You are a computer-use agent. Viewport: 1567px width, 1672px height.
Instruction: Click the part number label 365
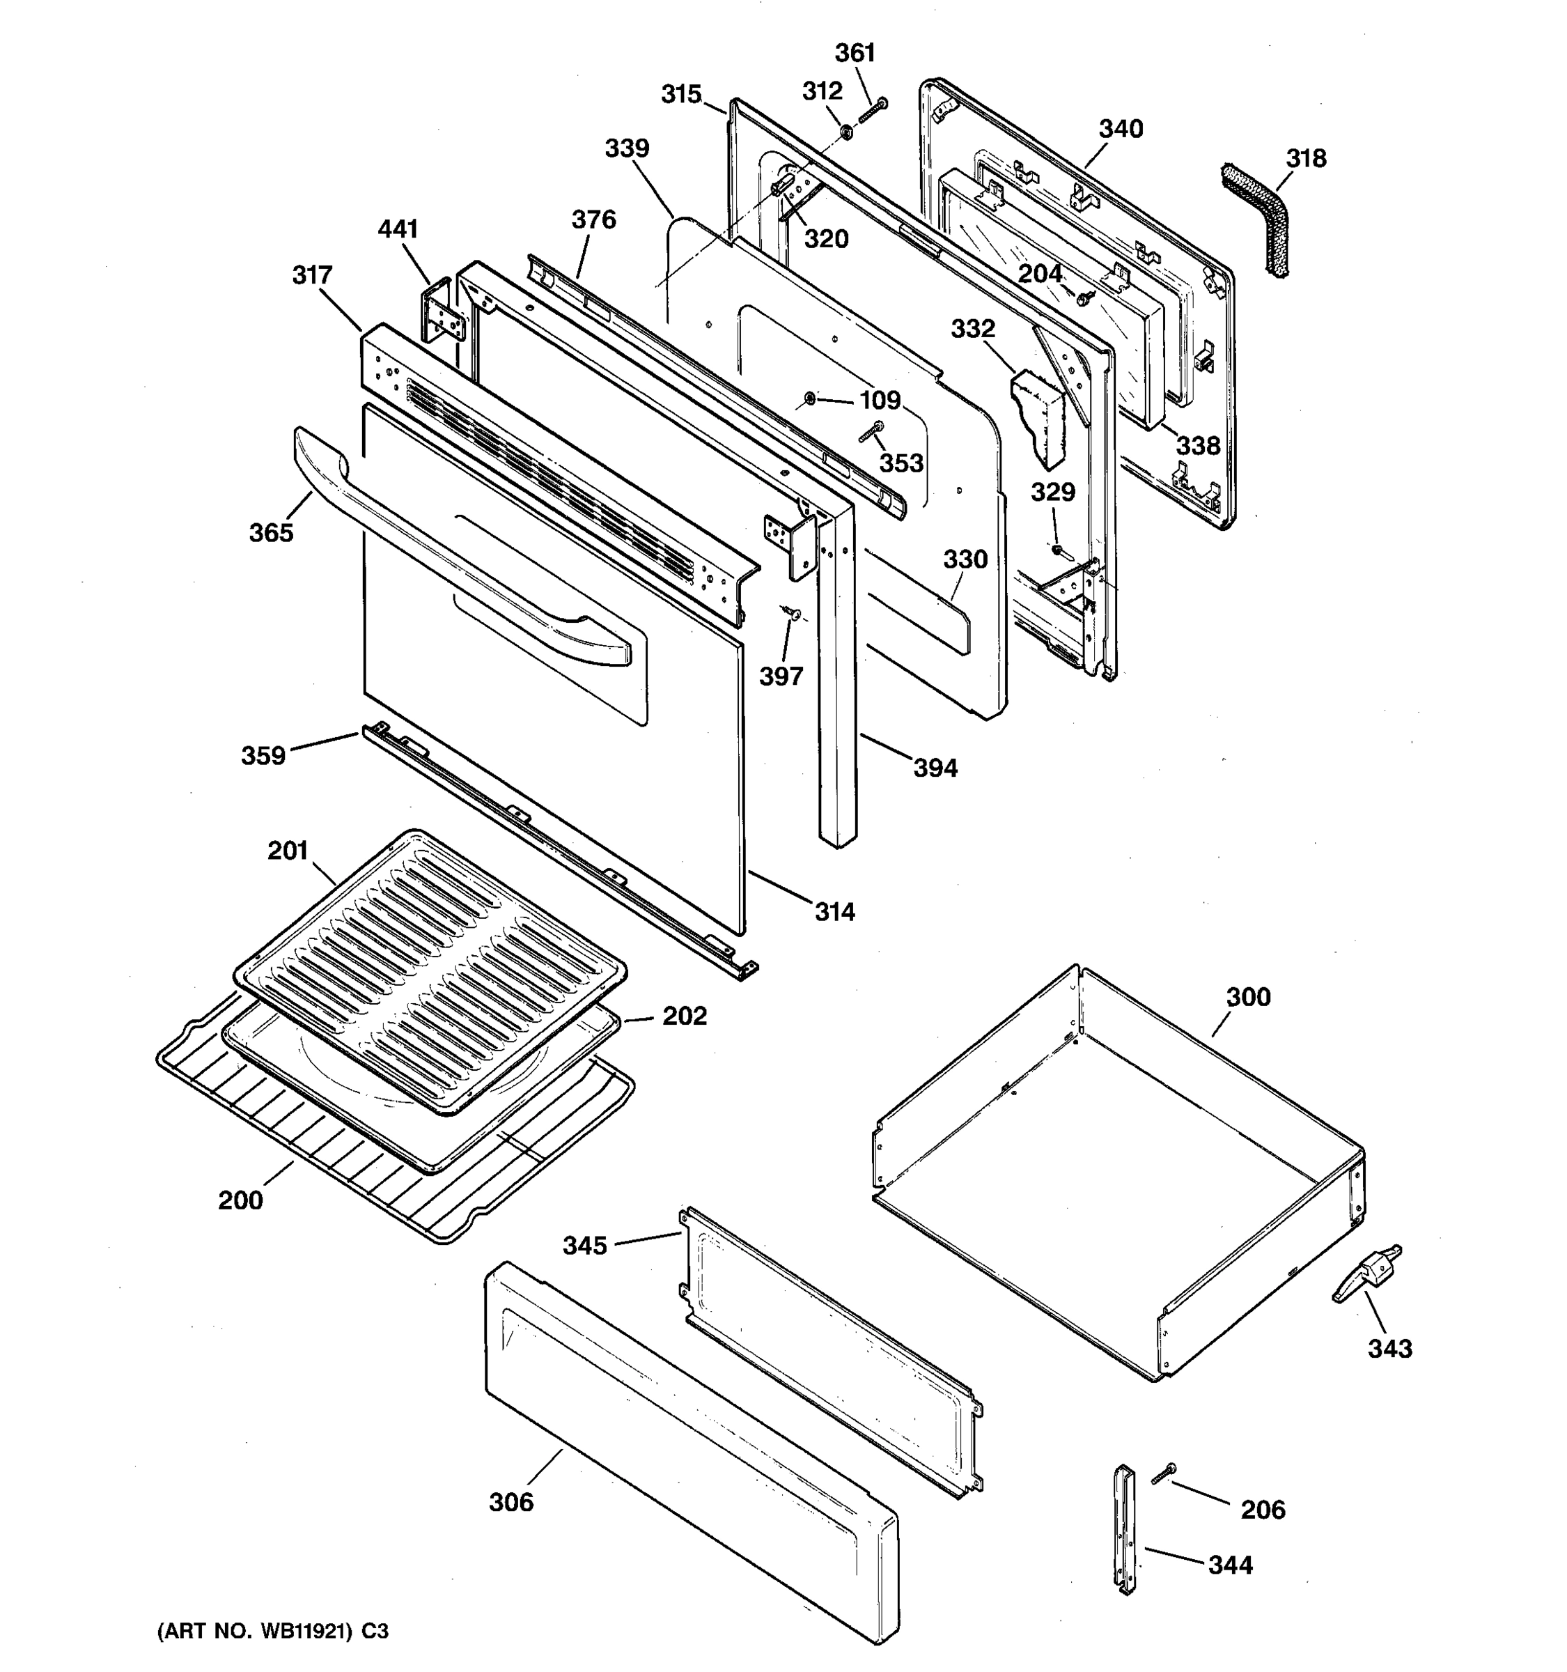click(x=271, y=532)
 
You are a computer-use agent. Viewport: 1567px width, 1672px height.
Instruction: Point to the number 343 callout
click(x=1389, y=1348)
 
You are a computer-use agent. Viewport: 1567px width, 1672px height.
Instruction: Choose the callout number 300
click(x=1247, y=997)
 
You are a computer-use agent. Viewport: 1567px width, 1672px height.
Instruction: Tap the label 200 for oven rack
click(x=240, y=1200)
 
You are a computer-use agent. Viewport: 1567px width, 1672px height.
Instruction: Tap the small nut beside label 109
click(x=809, y=397)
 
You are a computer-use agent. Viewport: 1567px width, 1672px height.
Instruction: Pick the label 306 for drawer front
click(x=511, y=1501)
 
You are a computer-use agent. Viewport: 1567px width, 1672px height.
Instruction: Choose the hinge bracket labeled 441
click(x=442, y=311)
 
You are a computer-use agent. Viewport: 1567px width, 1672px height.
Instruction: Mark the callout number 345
click(x=584, y=1246)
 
